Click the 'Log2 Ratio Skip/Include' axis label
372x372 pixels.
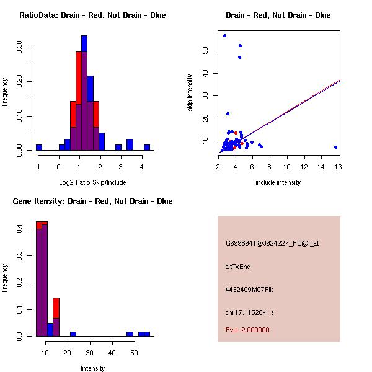[x=92, y=182]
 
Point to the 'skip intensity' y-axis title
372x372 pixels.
[x=191, y=93]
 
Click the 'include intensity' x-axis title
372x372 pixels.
[x=278, y=182]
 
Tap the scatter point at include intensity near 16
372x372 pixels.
[x=335, y=147]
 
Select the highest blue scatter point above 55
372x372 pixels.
[x=224, y=35]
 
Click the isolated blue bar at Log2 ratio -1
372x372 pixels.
[x=39, y=147]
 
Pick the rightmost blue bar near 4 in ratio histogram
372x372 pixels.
[x=147, y=147]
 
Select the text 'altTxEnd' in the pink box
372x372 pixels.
[x=238, y=267]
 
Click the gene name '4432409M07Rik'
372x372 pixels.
[x=246, y=290]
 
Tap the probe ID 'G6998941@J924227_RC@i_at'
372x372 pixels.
[x=272, y=244]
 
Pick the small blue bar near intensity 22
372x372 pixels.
[x=73, y=334]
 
